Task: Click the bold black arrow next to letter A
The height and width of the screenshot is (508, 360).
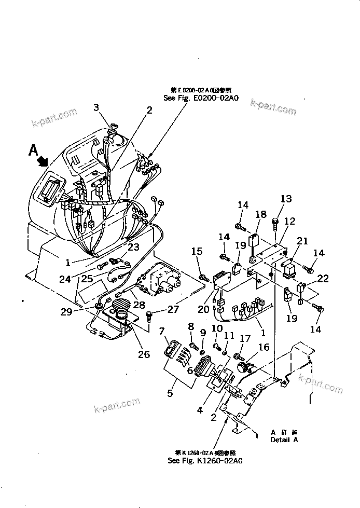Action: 41,160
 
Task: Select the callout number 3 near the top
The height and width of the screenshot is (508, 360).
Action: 95,107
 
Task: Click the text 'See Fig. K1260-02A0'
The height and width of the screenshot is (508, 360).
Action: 205,460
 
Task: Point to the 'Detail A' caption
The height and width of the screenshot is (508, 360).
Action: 284,440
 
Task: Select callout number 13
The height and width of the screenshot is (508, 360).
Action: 286,199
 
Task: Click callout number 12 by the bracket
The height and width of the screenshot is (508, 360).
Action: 289,221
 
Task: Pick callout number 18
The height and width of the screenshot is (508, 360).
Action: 260,214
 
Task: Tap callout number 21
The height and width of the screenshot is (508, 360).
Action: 302,241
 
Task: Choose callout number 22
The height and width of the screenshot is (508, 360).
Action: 323,279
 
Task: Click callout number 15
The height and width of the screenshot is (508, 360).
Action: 196,252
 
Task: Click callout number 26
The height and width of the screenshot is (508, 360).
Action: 143,354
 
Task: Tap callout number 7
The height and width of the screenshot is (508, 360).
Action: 162,331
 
